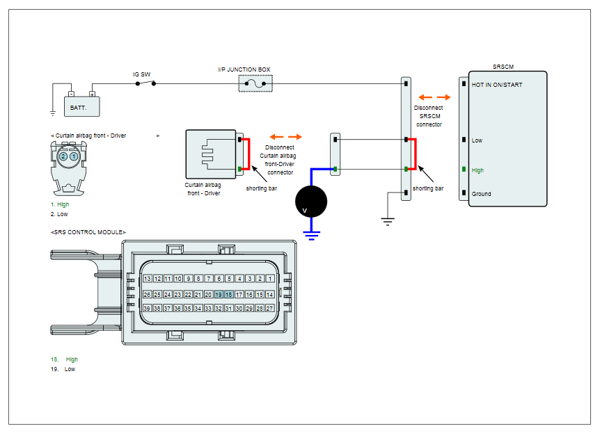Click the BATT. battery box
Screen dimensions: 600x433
pos(82,106)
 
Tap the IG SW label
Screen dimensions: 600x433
pos(141,74)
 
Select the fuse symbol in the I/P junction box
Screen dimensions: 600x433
pos(255,83)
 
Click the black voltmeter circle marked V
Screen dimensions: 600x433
pos(311,202)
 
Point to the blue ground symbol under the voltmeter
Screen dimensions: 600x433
pos(311,236)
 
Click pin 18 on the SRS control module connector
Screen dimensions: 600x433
pos(229,294)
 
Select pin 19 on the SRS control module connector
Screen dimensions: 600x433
pos(219,294)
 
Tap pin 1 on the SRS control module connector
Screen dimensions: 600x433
pos(270,279)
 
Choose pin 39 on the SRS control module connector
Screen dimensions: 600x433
pos(147,308)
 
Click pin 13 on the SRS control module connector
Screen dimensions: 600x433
pos(147,279)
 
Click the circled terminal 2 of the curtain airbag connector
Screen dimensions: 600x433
pos(63,156)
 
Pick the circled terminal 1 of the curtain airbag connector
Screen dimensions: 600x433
pos(74,156)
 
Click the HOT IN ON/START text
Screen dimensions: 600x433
pos(497,85)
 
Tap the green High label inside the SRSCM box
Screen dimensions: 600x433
pos(477,170)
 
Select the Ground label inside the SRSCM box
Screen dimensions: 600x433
pos(481,194)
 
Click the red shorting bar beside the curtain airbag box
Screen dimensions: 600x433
pos(248,154)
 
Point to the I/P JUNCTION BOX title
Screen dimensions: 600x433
pos(244,70)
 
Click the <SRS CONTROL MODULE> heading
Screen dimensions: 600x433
pos(88,232)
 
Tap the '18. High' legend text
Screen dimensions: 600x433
pos(64,359)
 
